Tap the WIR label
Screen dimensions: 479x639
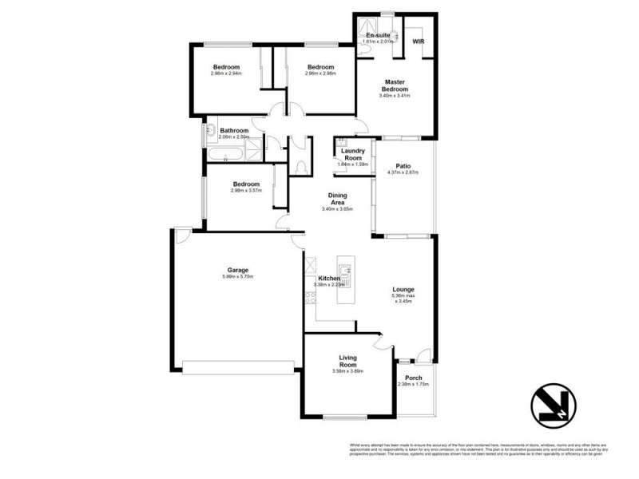[418, 41]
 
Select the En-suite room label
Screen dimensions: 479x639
[377, 36]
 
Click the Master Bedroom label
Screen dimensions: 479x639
[395, 85]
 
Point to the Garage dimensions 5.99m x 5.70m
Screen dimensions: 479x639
[237, 277]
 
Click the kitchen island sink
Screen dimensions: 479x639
[345, 270]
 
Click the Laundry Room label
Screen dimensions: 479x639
[352, 154]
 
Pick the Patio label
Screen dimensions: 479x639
[403, 166]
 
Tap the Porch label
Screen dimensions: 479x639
[413, 378]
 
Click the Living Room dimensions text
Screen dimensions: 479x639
[347, 371]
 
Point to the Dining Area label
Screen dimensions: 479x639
[336, 198]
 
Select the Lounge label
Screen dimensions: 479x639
[403, 289]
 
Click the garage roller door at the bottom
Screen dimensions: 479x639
[237, 367]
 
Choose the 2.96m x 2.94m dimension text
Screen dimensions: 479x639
[226, 73]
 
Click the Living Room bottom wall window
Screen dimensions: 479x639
[345, 417]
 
